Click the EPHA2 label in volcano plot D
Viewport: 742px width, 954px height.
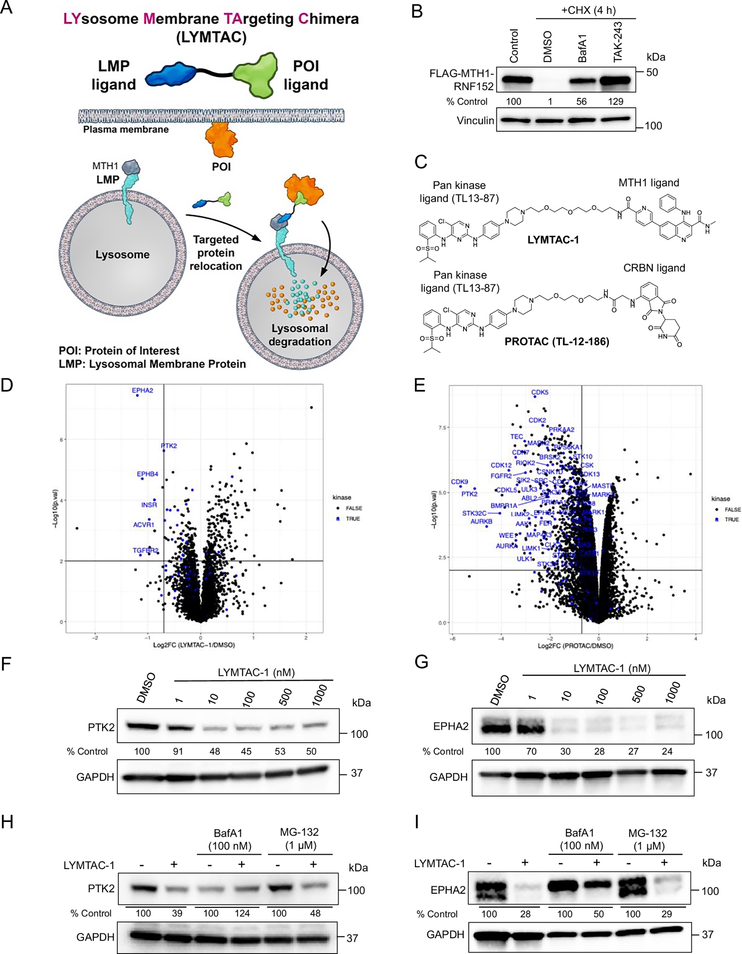[x=142, y=390]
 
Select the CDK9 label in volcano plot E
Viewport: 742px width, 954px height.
[x=459, y=482]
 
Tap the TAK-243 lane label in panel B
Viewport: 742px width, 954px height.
[x=618, y=42]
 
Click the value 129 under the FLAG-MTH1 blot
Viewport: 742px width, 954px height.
[x=616, y=102]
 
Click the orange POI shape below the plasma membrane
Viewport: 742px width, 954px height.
[x=221, y=141]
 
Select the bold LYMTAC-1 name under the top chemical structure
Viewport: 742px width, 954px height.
[x=553, y=240]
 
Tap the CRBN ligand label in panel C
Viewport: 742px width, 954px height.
[x=654, y=268]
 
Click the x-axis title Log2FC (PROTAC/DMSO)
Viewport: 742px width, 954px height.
[x=575, y=646]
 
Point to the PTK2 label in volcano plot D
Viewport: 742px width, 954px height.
[x=169, y=446]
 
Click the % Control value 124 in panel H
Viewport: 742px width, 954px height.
[x=242, y=913]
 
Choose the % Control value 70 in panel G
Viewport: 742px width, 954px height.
[x=531, y=751]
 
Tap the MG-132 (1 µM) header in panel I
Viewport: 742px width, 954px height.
[x=647, y=840]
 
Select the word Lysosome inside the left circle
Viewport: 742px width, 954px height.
[x=122, y=255]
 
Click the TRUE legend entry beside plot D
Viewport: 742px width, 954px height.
[x=352, y=519]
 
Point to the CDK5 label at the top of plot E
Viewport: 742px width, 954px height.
[x=540, y=393]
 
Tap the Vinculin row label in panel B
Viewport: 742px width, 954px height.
[x=475, y=121]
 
